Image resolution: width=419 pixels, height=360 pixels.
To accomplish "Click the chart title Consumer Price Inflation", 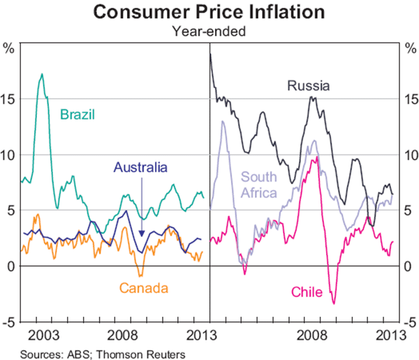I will point(209,12).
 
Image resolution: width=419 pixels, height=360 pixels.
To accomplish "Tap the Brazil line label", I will point(77,114).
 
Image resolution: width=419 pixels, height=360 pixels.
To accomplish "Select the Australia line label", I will point(140,168).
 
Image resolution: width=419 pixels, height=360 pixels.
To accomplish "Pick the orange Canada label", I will point(145,287).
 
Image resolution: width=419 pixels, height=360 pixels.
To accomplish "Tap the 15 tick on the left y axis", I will point(10,99).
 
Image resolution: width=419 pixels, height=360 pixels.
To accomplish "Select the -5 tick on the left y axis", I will point(10,322).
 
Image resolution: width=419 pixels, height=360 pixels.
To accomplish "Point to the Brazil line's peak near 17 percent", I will point(42,74).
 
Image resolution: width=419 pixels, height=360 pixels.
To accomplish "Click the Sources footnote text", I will point(103,354).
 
